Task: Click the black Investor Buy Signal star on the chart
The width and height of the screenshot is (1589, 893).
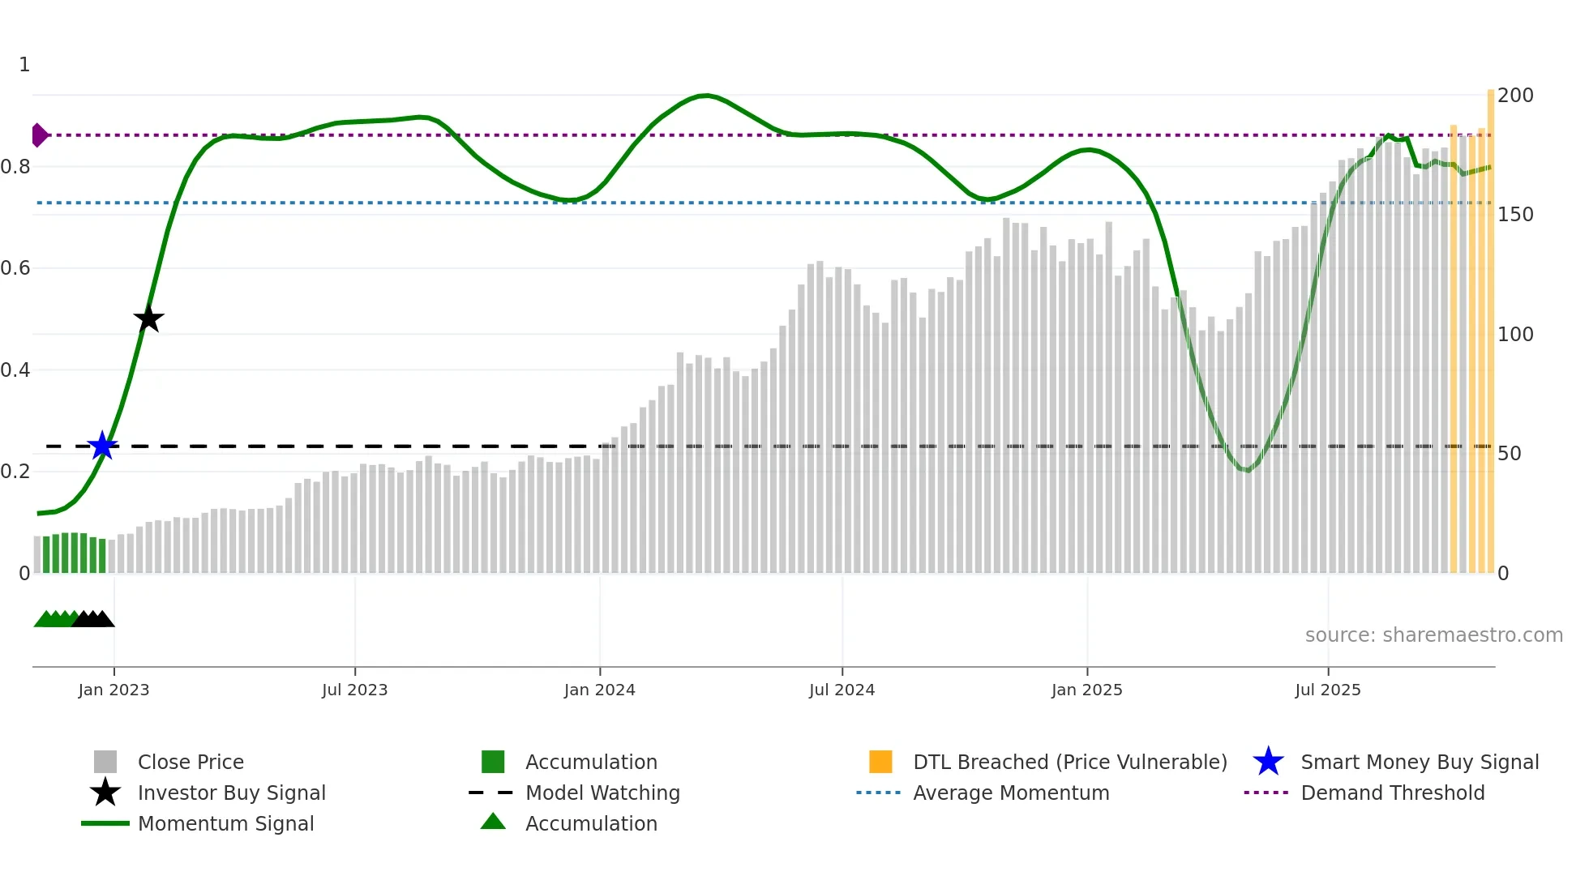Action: (x=148, y=319)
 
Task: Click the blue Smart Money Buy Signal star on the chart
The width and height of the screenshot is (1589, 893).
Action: (x=102, y=446)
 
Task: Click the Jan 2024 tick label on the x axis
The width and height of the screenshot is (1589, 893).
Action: (x=599, y=690)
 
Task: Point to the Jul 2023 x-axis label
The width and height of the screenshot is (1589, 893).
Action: (x=354, y=690)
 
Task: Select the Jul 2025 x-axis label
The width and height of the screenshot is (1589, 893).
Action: (x=1327, y=690)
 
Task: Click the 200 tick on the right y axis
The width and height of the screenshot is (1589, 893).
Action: (x=1514, y=96)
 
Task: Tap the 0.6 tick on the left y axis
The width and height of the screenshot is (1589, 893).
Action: (x=16, y=268)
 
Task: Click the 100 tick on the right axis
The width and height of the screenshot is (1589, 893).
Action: (x=1514, y=335)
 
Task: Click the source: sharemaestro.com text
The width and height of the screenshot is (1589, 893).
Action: (x=1433, y=634)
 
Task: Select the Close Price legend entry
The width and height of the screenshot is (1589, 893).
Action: (x=191, y=762)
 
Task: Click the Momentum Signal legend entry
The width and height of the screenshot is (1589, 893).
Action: (x=225, y=823)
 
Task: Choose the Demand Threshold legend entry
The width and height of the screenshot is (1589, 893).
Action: (x=1392, y=793)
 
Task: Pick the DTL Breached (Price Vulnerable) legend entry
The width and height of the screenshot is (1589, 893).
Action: (x=1069, y=762)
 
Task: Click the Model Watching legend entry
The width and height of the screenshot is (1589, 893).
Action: (x=602, y=793)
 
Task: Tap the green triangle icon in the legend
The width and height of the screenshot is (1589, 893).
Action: (x=493, y=822)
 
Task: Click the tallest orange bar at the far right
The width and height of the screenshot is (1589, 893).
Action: (x=1490, y=324)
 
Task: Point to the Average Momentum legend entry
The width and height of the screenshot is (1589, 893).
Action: (x=1010, y=793)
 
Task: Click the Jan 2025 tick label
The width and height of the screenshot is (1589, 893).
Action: (x=1086, y=690)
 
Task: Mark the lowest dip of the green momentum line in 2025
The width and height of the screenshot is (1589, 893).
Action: (x=1248, y=470)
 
